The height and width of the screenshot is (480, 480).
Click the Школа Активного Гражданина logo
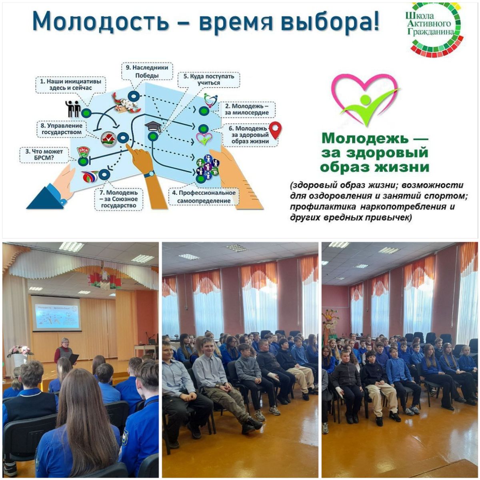[x=434, y=30]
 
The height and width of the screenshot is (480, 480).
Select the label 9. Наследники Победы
[x=147, y=71]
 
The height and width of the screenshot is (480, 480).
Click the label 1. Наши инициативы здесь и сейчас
[x=70, y=85]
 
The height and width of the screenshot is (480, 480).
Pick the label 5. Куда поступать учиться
[x=209, y=80]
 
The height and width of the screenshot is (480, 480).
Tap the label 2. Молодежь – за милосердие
[x=247, y=109]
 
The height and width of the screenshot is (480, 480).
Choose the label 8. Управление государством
[x=62, y=129]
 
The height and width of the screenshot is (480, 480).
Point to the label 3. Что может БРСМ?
[x=44, y=155]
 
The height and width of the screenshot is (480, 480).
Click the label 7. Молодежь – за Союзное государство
[x=118, y=199]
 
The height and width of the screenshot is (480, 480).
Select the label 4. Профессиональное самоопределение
[x=204, y=197]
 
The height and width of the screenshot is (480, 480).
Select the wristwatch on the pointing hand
[x=149, y=174]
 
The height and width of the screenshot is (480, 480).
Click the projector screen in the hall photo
[x=56, y=313]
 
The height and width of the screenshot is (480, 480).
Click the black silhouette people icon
[x=73, y=109]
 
